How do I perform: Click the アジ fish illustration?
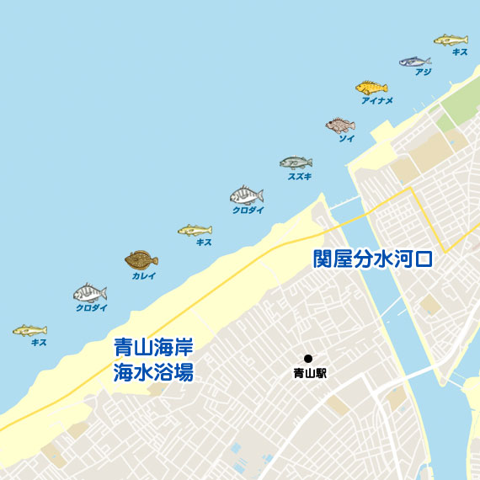(414, 61)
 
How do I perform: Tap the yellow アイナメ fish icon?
(371, 88)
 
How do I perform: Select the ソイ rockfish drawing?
(340, 125)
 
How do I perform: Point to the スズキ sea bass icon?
(296, 163)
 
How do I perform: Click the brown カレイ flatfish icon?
(141, 259)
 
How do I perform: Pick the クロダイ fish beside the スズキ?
(246, 196)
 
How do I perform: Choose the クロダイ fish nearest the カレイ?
(90, 294)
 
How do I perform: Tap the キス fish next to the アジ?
(451, 40)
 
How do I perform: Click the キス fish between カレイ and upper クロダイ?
(195, 230)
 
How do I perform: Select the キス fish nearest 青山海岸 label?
(29, 330)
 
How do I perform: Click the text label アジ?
(423, 72)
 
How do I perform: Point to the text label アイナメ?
(376, 101)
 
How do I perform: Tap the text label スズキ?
(300, 177)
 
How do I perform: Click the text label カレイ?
(144, 275)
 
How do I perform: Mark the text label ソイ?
(346, 139)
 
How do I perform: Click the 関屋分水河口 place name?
(372, 258)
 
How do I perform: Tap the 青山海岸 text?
(153, 347)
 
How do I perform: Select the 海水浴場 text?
(153, 371)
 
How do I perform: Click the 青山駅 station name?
(310, 372)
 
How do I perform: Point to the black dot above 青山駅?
(308, 359)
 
